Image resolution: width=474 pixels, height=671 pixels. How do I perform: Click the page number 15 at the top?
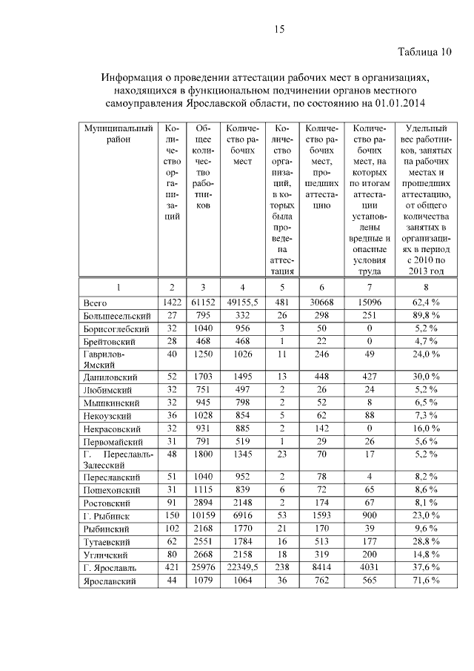tap(279, 29)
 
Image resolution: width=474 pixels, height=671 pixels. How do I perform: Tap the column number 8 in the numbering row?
tap(426, 286)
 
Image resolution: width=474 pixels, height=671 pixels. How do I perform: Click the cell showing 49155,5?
tap(242, 303)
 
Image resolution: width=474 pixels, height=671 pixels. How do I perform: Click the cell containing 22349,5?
tap(242, 568)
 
